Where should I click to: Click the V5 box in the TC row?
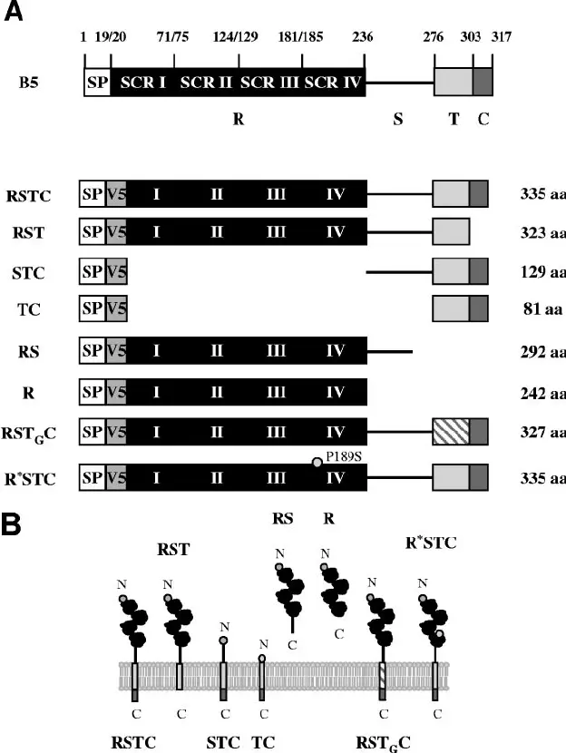(116, 309)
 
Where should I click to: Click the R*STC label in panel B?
(432, 543)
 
